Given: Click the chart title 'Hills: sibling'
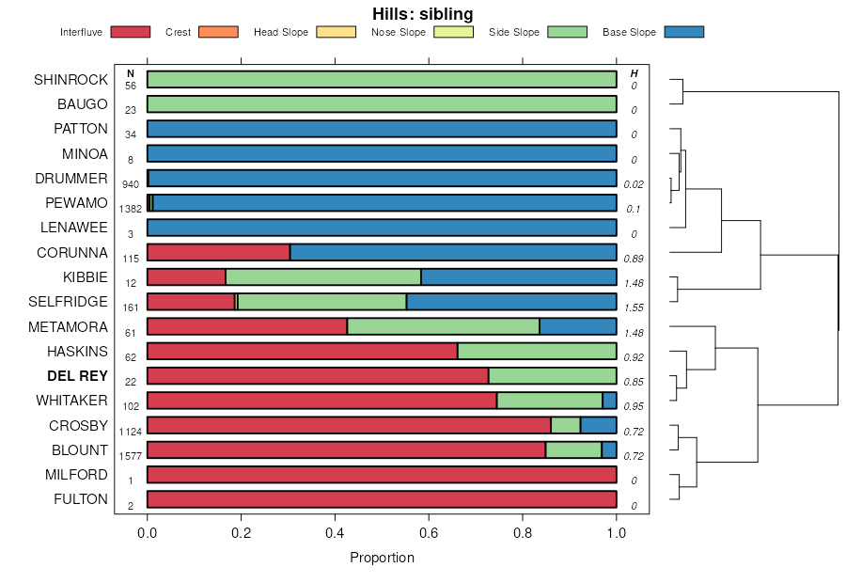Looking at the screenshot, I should pos(422,14).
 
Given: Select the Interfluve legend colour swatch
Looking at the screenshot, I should pos(130,32).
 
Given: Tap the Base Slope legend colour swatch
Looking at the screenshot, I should pos(683,32).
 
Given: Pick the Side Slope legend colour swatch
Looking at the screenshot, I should pos(567,32).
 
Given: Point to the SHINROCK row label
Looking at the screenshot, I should pos(70,80).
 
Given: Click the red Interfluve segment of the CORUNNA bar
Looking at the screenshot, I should pos(218,252).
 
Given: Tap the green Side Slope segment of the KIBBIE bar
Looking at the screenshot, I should pos(322,276).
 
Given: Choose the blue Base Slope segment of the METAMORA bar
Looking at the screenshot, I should pos(577,326).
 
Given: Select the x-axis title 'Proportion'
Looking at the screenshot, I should pos(382,558).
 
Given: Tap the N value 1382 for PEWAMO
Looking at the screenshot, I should pos(131,209).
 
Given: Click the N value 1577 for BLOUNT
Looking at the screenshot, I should pos(131,456).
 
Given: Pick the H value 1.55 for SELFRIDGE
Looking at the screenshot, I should pos(634,307).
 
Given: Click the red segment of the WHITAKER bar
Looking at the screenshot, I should pos(321,401).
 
